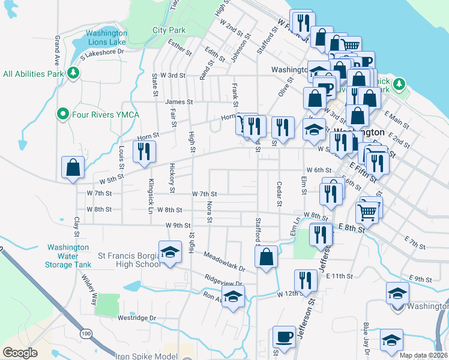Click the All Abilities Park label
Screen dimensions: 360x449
coord(34,74)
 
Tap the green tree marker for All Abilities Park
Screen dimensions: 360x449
coord(74,73)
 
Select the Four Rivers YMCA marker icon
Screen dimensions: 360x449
coord(62,113)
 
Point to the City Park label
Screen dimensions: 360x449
coord(169,30)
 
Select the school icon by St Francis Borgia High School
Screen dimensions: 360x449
coord(170,252)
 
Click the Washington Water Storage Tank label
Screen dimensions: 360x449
coord(69,256)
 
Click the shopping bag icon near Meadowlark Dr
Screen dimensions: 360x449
coord(266,257)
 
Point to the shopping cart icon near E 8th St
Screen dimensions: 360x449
coord(367,211)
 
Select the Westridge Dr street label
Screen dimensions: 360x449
coord(137,318)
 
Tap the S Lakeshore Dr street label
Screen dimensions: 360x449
coord(101,52)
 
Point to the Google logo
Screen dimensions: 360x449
coord(20,353)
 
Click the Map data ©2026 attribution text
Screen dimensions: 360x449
coord(423,355)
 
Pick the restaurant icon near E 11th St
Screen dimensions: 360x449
coord(306,280)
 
